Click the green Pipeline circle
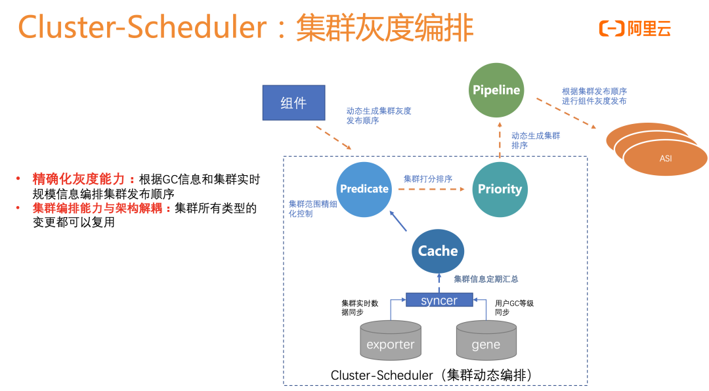496,90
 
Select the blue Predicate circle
364,189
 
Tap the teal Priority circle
500,189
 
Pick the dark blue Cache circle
438,251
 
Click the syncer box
439,300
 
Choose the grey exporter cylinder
391,340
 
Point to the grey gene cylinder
486,340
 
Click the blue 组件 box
293,103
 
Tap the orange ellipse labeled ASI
666,158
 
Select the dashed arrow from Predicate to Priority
430,190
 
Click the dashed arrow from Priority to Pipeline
499,138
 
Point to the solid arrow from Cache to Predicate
398,220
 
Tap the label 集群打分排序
427,178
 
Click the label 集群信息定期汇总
486,279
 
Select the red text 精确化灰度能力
83,179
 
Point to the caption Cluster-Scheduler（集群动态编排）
432,375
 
